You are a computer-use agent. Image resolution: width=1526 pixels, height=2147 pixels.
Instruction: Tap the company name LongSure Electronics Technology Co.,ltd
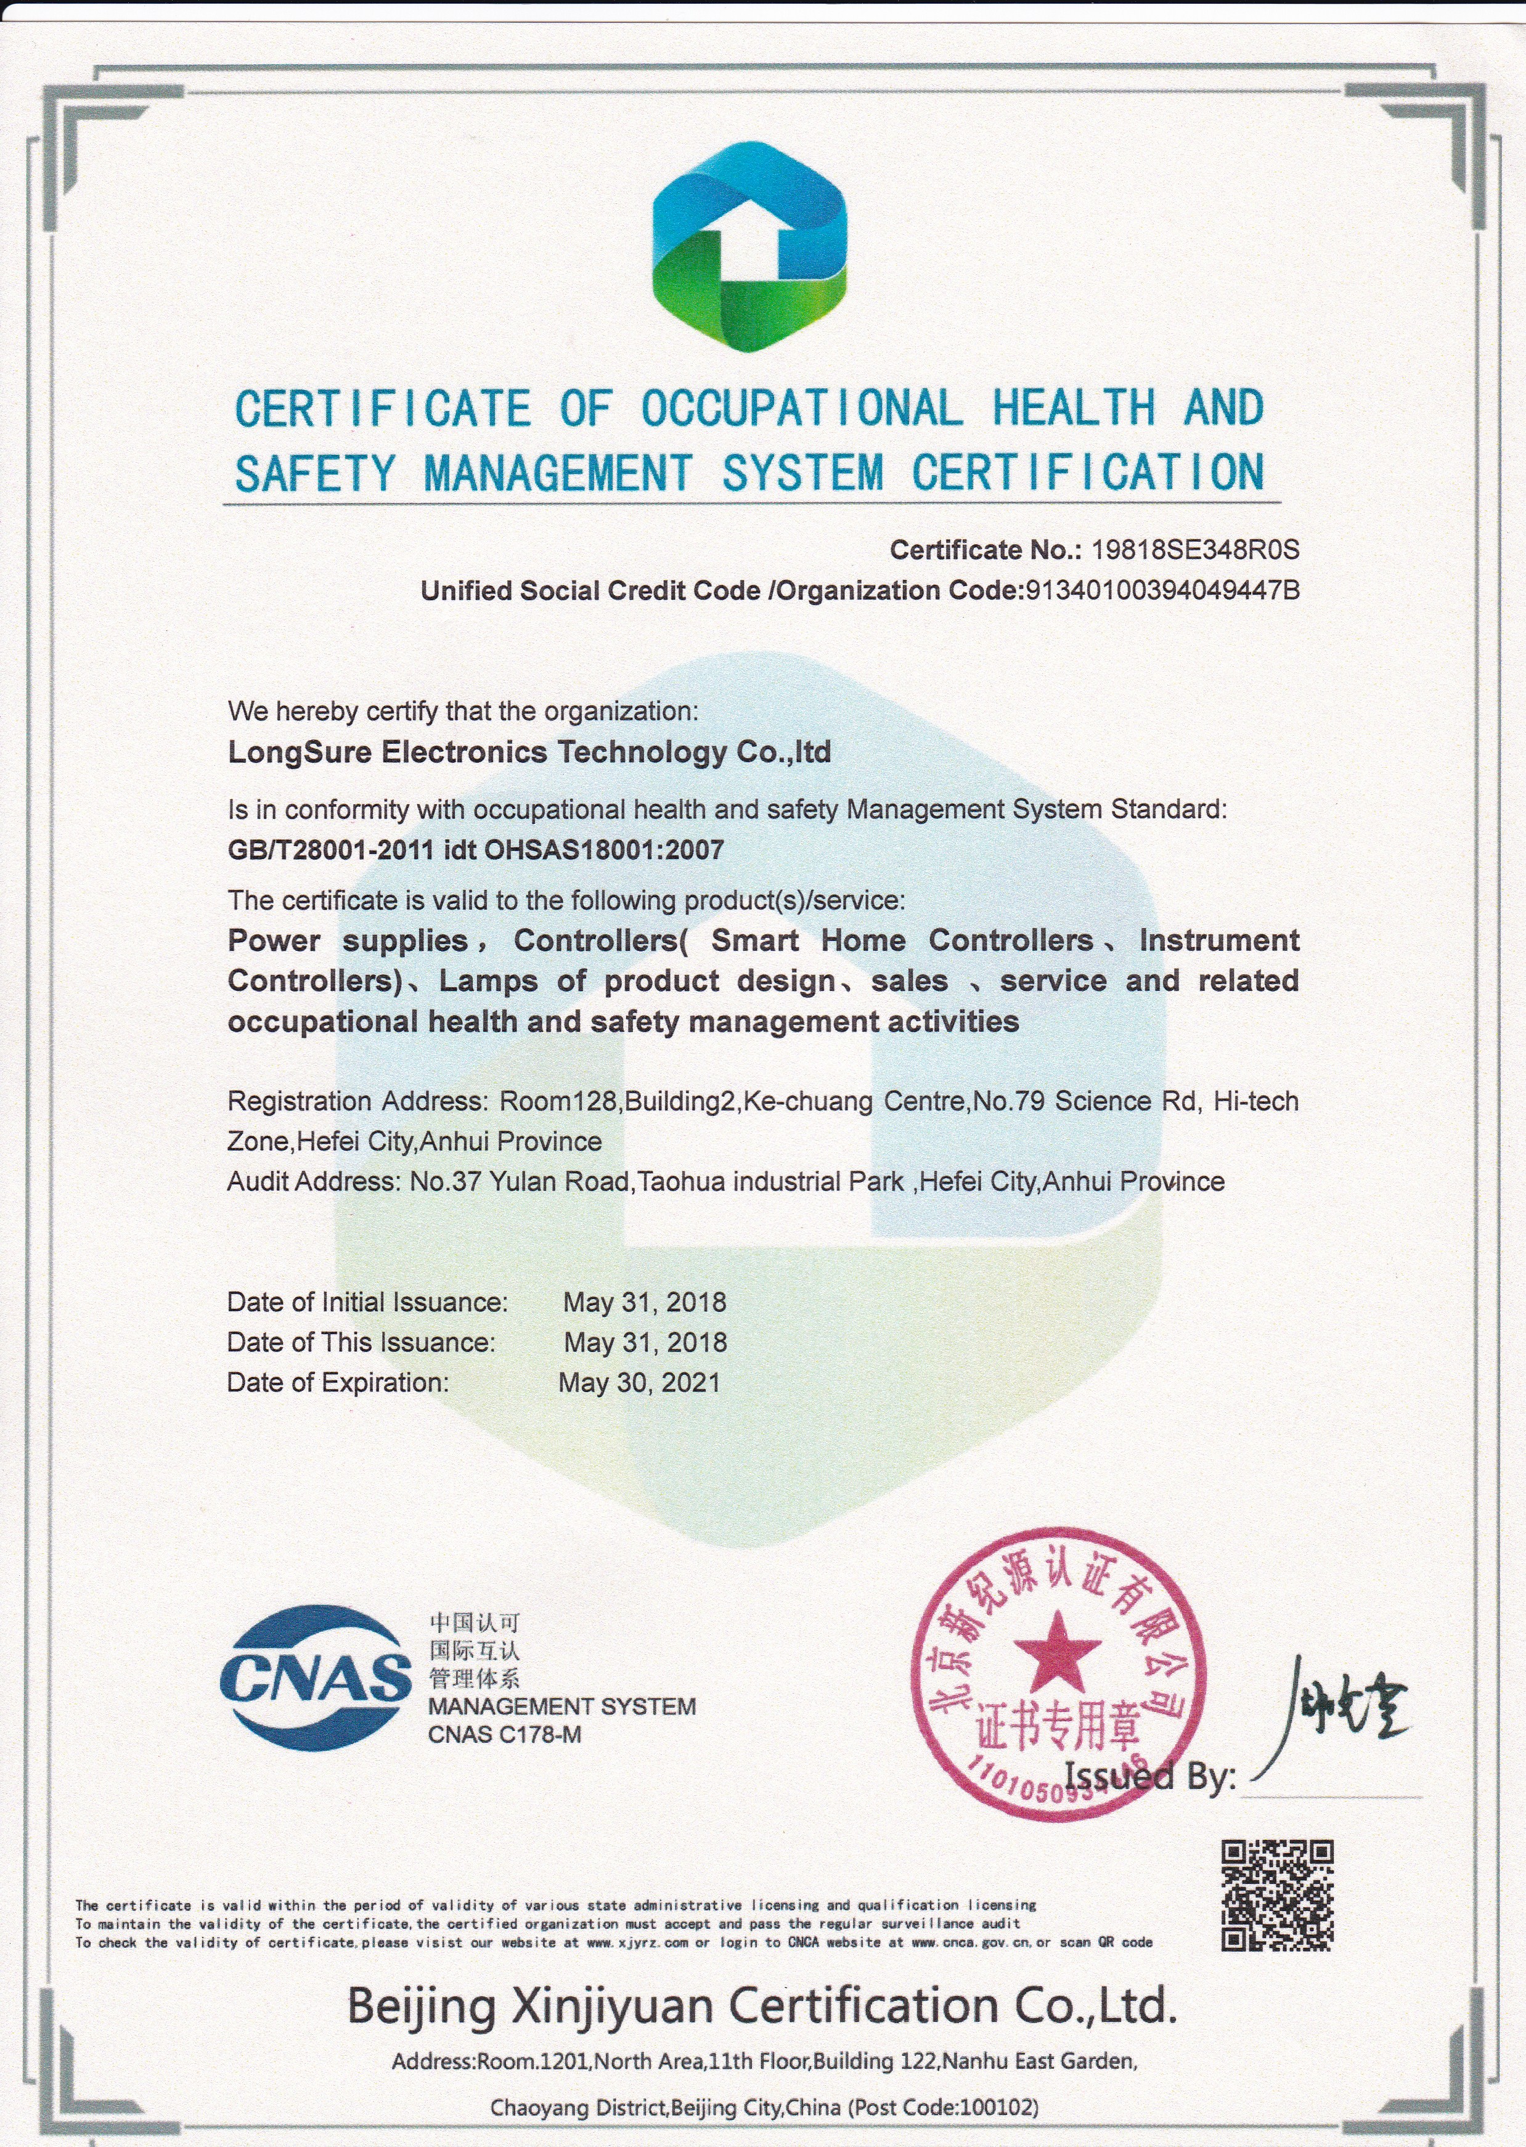[x=529, y=752]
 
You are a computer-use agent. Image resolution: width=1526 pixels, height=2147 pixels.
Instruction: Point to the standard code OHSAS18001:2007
[x=603, y=850]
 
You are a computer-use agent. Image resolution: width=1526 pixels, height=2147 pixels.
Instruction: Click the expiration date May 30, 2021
[x=639, y=1382]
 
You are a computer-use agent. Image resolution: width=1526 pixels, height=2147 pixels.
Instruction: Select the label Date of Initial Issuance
[x=367, y=1302]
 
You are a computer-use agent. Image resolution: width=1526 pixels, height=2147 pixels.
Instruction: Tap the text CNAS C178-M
[x=505, y=1735]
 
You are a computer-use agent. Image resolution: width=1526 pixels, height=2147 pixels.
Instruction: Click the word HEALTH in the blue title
[x=1074, y=409]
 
